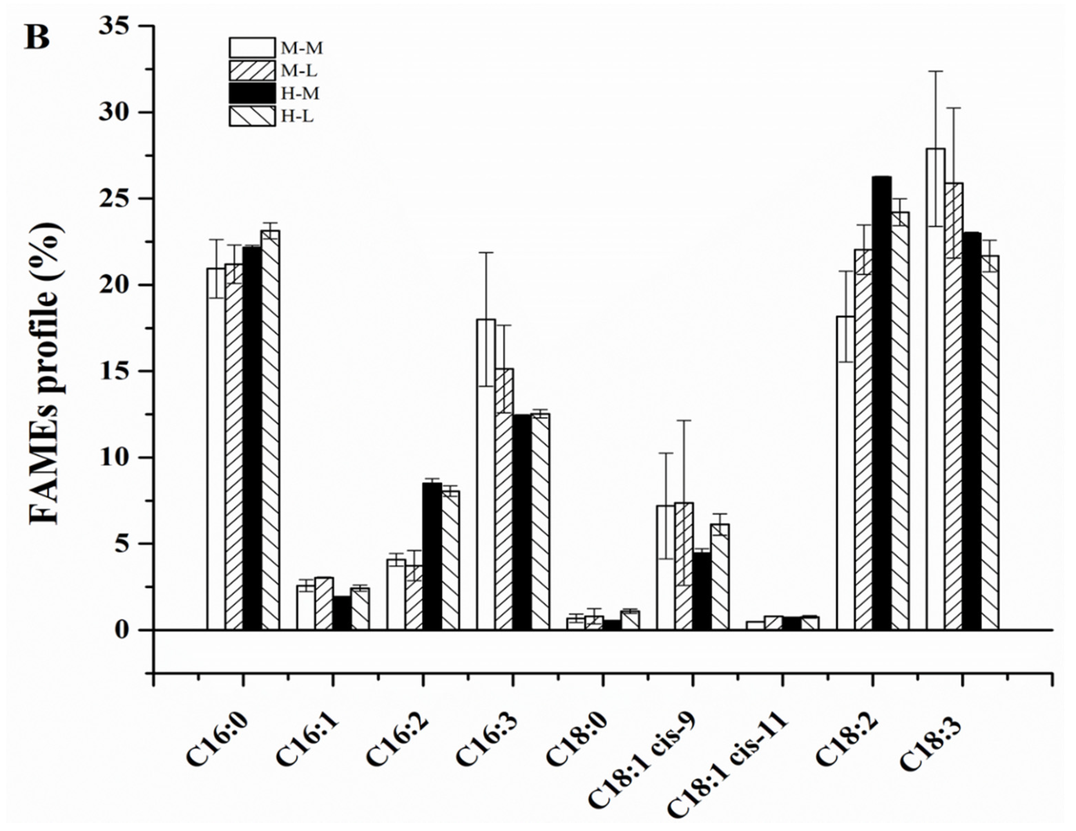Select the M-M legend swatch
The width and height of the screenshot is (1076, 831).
pyautogui.click(x=252, y=48)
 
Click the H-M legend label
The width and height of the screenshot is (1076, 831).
pyautogui.click(x=300, y=94)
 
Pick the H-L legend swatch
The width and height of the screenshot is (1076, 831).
pyautogui.click(x=252, y=117)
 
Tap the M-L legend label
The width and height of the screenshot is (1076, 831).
pyautogui.click(x=299, y=71)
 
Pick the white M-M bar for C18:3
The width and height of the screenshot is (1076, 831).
pyautogui.click(x=935, y=389)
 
